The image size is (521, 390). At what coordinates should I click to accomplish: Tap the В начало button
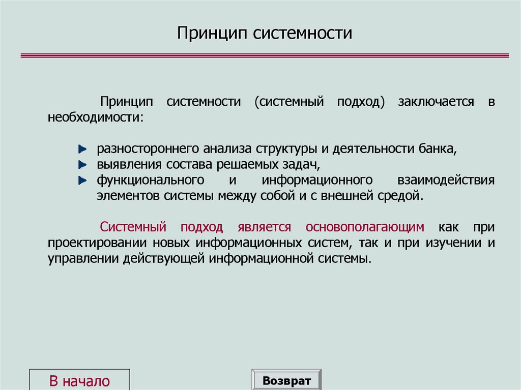pos(80,381)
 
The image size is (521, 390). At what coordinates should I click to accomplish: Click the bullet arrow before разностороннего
pos(82,150)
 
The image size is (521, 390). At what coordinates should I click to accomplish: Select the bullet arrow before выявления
pos(82,165)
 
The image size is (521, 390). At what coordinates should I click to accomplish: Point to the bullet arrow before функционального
pos(82,181)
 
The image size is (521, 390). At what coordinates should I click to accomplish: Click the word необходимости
pos(95,117)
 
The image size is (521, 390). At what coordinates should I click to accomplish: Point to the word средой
pos(403,196)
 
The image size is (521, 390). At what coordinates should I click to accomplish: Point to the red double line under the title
pos(264,55)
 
